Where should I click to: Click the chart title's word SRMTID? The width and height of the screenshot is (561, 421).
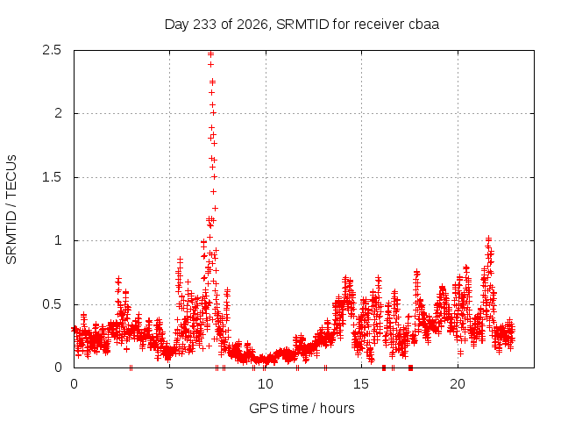pos(302,25)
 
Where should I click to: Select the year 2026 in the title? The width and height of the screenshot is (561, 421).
pos(252,25)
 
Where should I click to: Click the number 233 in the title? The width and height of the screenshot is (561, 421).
pos(204,25)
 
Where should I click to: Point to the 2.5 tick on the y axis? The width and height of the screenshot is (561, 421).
pos(52,51)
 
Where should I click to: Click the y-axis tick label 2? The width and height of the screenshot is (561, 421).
pos(58,113)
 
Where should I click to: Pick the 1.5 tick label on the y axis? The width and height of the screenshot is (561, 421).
pos(52,177)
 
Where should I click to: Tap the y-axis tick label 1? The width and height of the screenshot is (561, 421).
pos(58,240)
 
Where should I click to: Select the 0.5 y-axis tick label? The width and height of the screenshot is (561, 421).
pos(52,304)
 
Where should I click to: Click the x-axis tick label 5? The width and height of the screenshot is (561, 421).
pos(169,384)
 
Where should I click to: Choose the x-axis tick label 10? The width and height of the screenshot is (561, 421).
pos(266,384)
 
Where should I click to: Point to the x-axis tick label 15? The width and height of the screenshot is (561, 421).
pos(361,384)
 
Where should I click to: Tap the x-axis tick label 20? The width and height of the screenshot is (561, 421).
pos(458,384)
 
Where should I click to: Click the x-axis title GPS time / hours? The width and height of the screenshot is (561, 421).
pos(302,409)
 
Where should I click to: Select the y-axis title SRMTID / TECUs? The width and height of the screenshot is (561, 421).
pos(11,210)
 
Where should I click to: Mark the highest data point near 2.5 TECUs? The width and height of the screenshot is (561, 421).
pos(210,54)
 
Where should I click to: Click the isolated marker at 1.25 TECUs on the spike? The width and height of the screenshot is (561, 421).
pos(215,208)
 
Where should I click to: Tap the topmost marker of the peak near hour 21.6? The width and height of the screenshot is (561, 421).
pos(488,238)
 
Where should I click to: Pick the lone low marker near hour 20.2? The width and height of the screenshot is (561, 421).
pos(460,353)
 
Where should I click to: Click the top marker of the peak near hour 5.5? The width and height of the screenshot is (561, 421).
pos(180,259)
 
